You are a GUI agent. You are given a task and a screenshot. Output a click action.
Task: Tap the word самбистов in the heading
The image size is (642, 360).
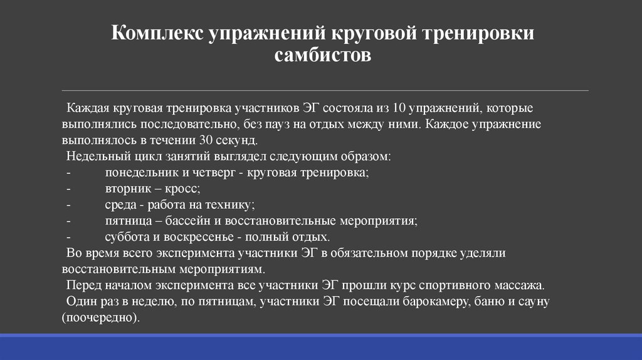pos(323,55)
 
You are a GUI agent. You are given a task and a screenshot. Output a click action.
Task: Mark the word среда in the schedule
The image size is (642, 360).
pos(120,204)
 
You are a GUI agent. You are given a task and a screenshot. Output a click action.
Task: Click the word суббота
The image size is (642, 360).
pos(125,237)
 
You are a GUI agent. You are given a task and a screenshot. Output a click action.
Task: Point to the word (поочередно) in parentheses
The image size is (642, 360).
pos(101,318)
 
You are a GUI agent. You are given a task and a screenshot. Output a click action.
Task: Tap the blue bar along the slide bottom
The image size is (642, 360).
pos(321,347)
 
